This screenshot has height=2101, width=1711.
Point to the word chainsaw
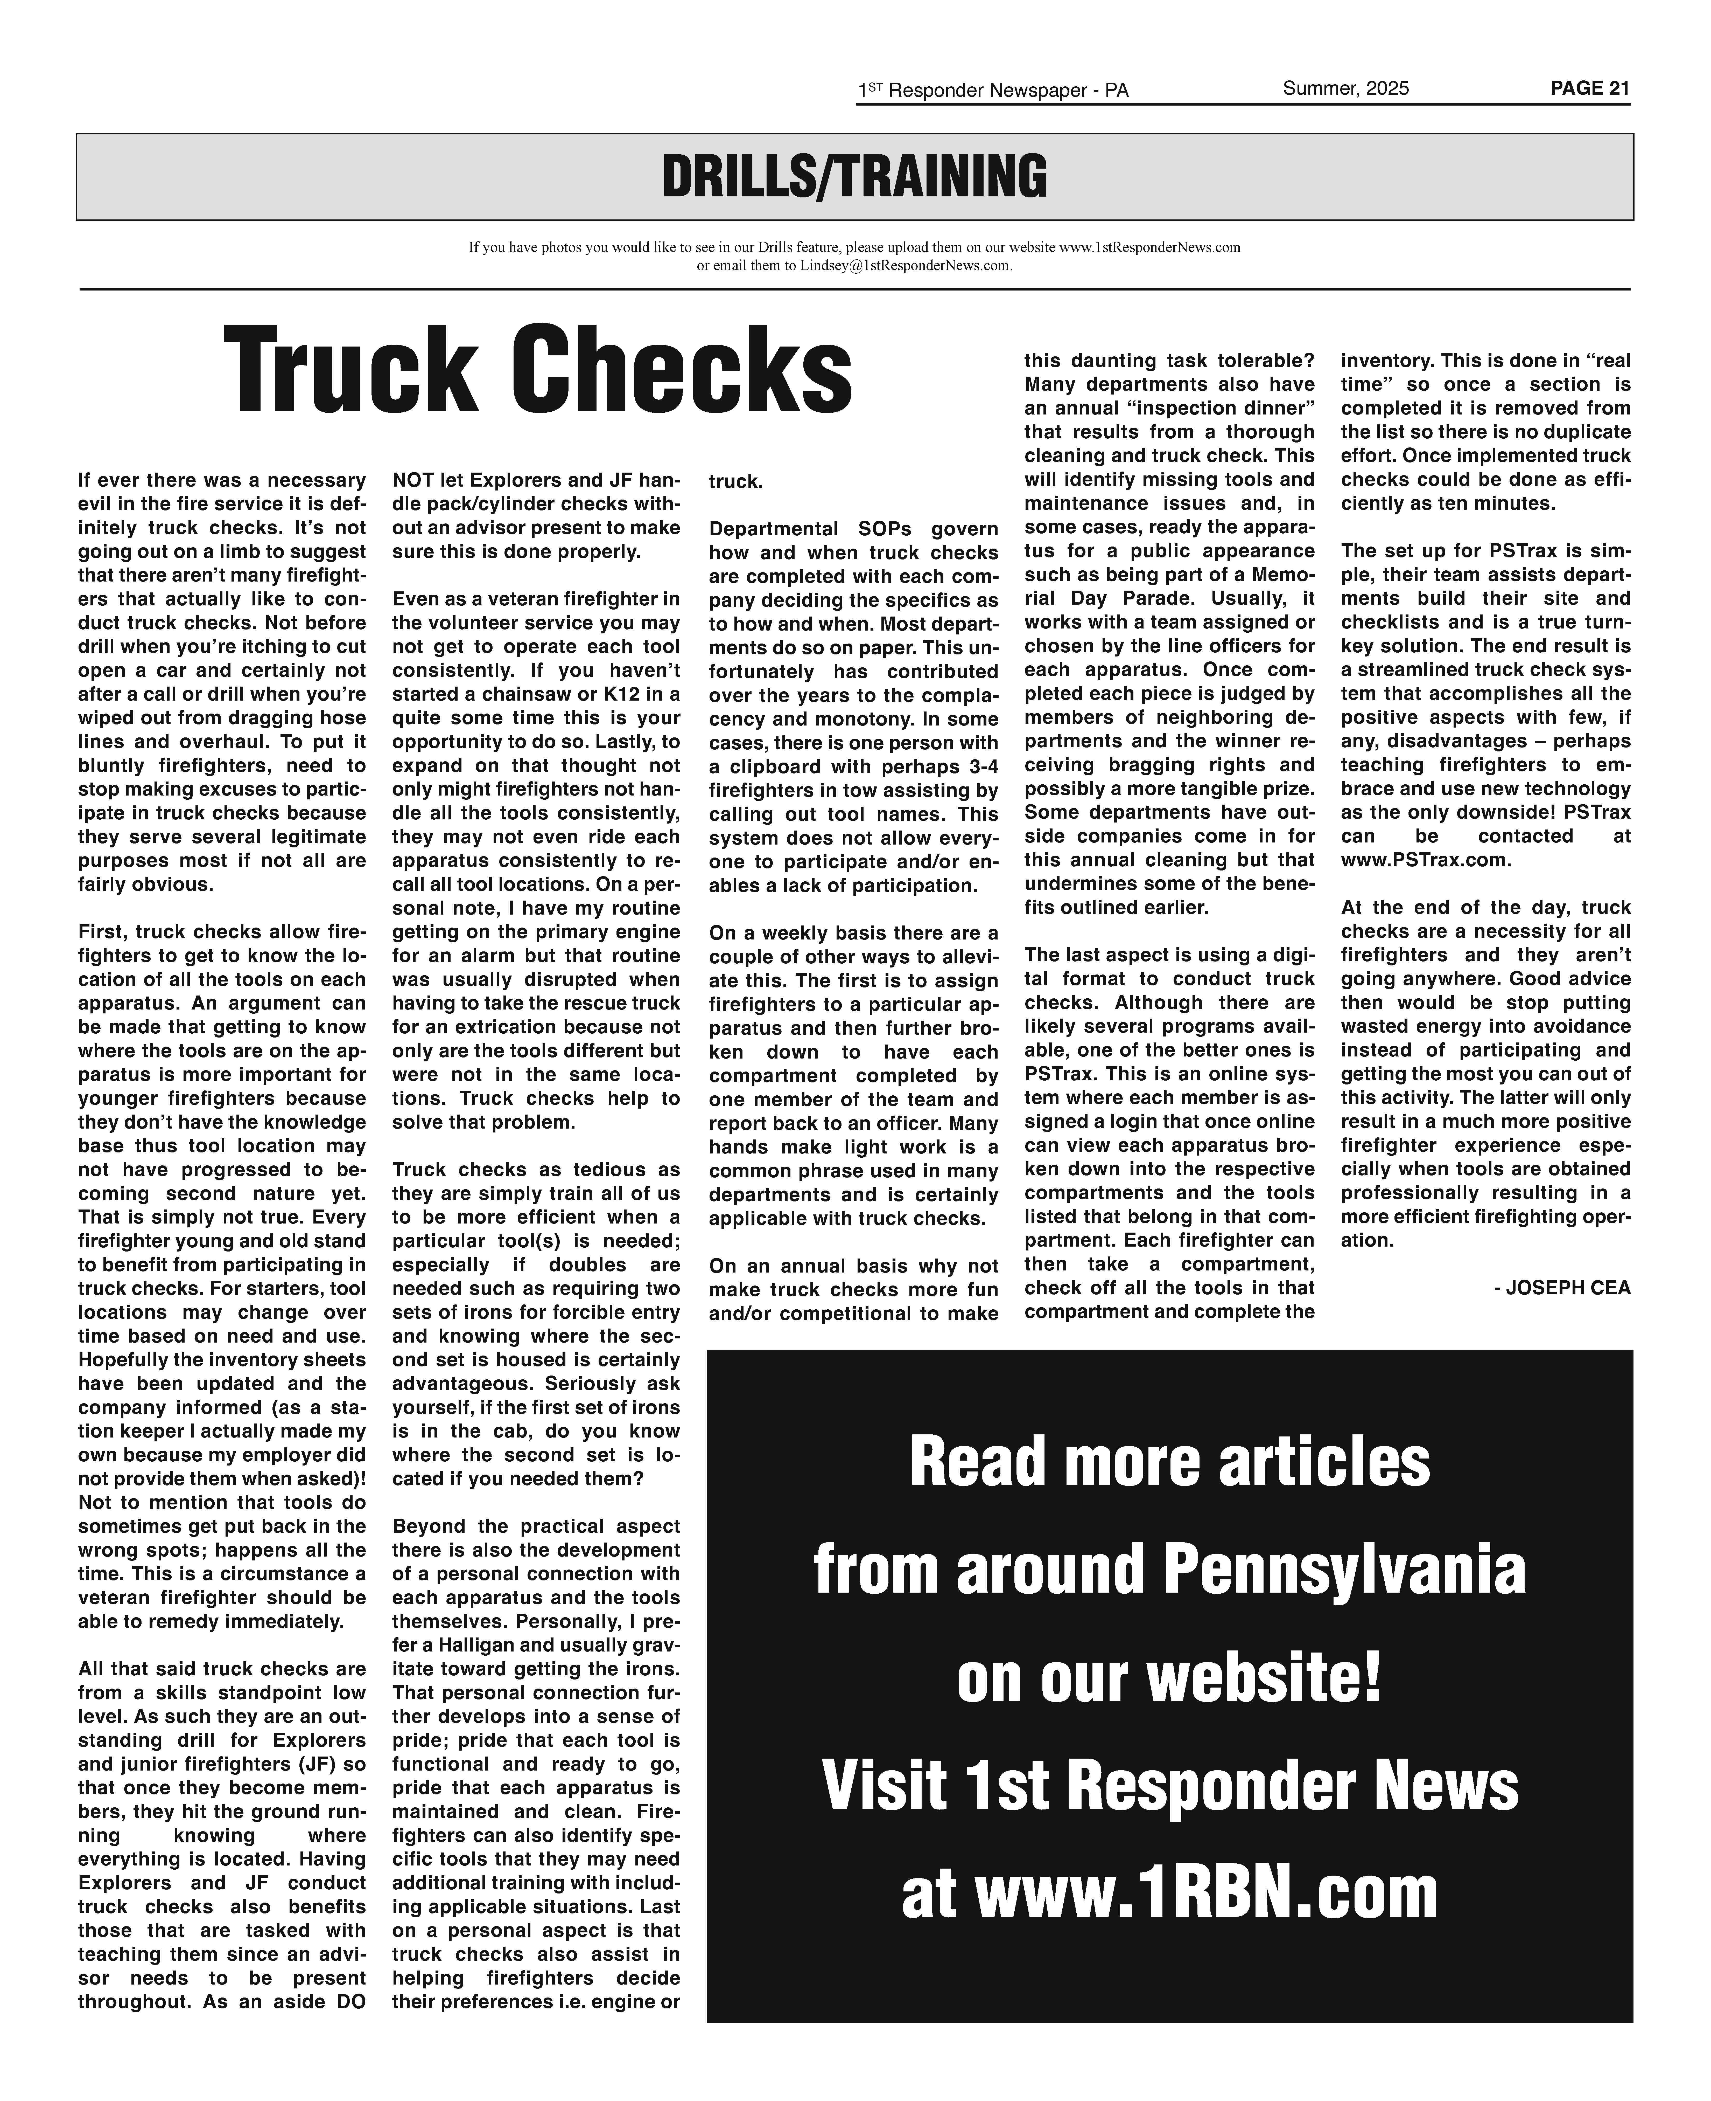(x=518, y=694)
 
